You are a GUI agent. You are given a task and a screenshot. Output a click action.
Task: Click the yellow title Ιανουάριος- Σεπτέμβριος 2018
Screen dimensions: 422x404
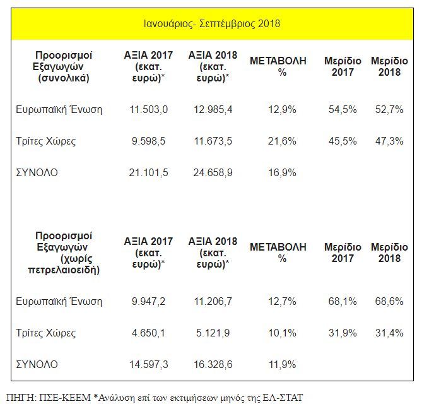[212, 24]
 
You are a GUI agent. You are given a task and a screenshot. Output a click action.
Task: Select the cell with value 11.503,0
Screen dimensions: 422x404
[149, 110]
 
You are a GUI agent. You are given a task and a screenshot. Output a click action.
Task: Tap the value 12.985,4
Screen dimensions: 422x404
[213, 110]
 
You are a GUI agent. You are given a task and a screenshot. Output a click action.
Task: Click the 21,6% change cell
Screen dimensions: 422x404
[282, 141]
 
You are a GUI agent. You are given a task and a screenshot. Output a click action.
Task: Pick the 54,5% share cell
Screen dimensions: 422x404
[343, 110]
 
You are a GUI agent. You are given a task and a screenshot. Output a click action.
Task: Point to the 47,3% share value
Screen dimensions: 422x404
[389, 141]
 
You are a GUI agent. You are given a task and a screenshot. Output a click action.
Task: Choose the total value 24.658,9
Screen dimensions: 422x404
[213, 172]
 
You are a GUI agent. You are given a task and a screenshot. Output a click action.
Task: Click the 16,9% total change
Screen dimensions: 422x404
[282, 172]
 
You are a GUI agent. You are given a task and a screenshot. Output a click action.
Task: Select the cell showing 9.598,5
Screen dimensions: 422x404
[149, 141]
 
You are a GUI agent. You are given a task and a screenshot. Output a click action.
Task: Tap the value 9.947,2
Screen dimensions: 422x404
[149, 301]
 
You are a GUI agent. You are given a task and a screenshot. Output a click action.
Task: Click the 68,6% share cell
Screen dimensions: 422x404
[389, 301]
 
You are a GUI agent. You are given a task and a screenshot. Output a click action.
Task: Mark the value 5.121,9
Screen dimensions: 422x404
[213, 333]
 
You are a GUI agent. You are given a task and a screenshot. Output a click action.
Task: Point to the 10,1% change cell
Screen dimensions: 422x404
[282, 333]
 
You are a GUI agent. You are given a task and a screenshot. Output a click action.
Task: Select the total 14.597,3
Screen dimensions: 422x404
[149, 364]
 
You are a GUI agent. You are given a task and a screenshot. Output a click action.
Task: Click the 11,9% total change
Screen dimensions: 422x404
[282, 364]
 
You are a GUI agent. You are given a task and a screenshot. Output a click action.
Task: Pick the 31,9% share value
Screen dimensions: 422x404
[343, 333]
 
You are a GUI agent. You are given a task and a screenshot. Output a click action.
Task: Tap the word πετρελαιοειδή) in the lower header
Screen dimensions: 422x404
[64, 270]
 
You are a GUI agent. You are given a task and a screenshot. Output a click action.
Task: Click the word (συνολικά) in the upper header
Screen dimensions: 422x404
[64, 78]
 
